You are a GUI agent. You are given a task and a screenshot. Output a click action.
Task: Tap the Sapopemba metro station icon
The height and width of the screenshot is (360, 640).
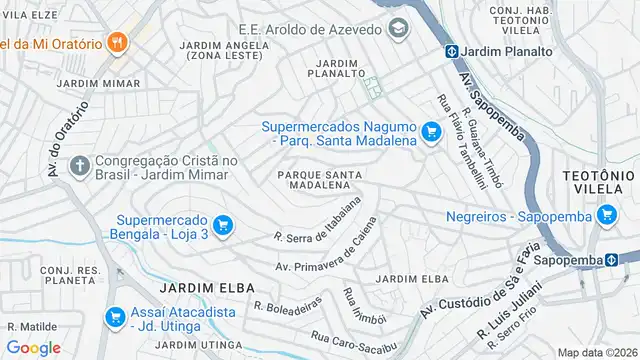[611, 260]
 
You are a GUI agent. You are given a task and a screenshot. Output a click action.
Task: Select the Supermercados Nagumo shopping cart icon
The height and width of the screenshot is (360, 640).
[432, 132]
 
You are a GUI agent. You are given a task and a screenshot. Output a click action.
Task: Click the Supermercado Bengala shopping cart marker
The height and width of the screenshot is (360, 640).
[223, 226]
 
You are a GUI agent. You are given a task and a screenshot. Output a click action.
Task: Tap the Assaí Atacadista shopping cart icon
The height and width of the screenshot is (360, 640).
[116, 317]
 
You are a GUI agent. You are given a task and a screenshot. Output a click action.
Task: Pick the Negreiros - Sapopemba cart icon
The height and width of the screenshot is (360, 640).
[606, 215]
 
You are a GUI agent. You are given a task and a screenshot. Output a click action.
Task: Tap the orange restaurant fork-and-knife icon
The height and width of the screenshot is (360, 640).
[118, 43]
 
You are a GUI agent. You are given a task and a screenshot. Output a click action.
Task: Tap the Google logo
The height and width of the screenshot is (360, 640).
[33, 347]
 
